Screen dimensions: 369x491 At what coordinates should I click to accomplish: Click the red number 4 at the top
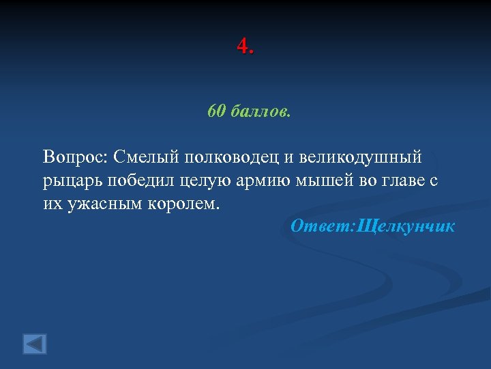(x=243, y=47)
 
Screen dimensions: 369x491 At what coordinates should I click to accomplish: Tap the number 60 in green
(x=216, y=111)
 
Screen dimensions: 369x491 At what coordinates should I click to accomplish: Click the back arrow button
(x=35, y=343)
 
